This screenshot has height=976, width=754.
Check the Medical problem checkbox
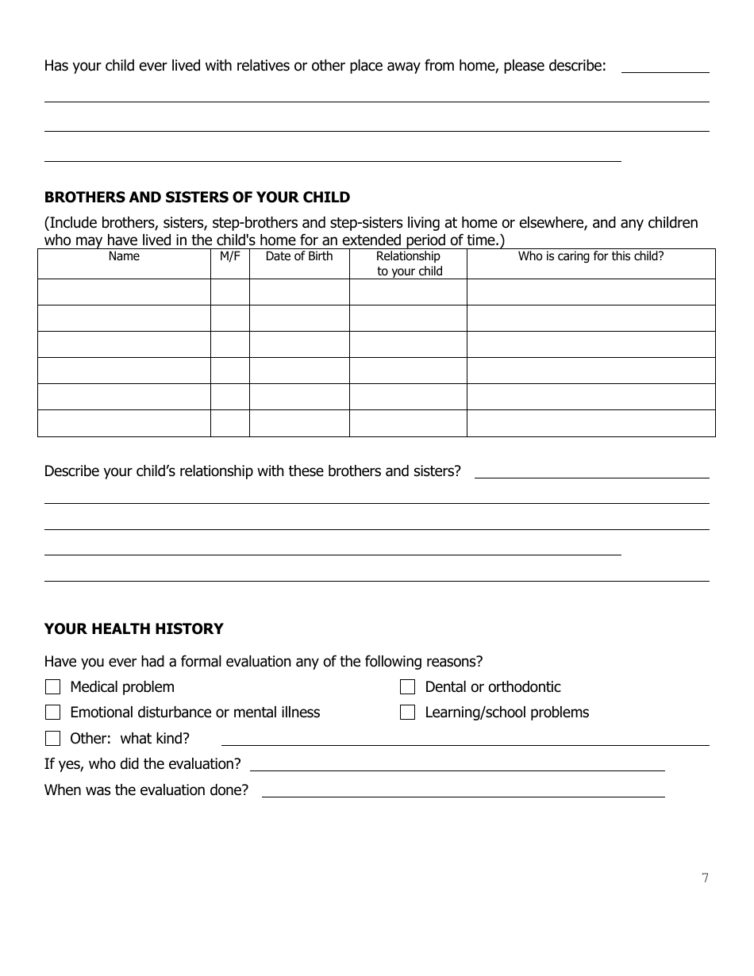[x=53, y=687]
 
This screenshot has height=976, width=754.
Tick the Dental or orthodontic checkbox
[x=408, y=687]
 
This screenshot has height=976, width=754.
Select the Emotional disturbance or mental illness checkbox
[x=53, y=713]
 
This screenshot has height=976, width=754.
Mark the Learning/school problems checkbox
[x=408, y=713]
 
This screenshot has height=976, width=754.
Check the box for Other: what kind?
[x=53, y=739]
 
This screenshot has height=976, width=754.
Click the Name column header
[x=124, y=256]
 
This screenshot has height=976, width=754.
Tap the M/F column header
[x=230, y=256]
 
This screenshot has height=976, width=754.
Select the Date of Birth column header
[x=299, y=256]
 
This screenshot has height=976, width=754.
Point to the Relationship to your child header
[x=409, y=263]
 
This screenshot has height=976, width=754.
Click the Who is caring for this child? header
[x=591, y=256]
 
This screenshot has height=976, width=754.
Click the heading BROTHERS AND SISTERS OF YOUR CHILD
[x=197, y=198]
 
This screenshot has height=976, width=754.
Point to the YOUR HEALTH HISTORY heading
[x=134, y=629]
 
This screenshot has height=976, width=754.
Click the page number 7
[x=705, y=878]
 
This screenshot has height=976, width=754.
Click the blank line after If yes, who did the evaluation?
[x=457, y=767]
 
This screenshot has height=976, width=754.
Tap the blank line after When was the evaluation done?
[x=464, y=793]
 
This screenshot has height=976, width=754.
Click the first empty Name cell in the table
[x=124, y=292]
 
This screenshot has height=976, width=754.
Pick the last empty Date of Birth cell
[x=299, y=423]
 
